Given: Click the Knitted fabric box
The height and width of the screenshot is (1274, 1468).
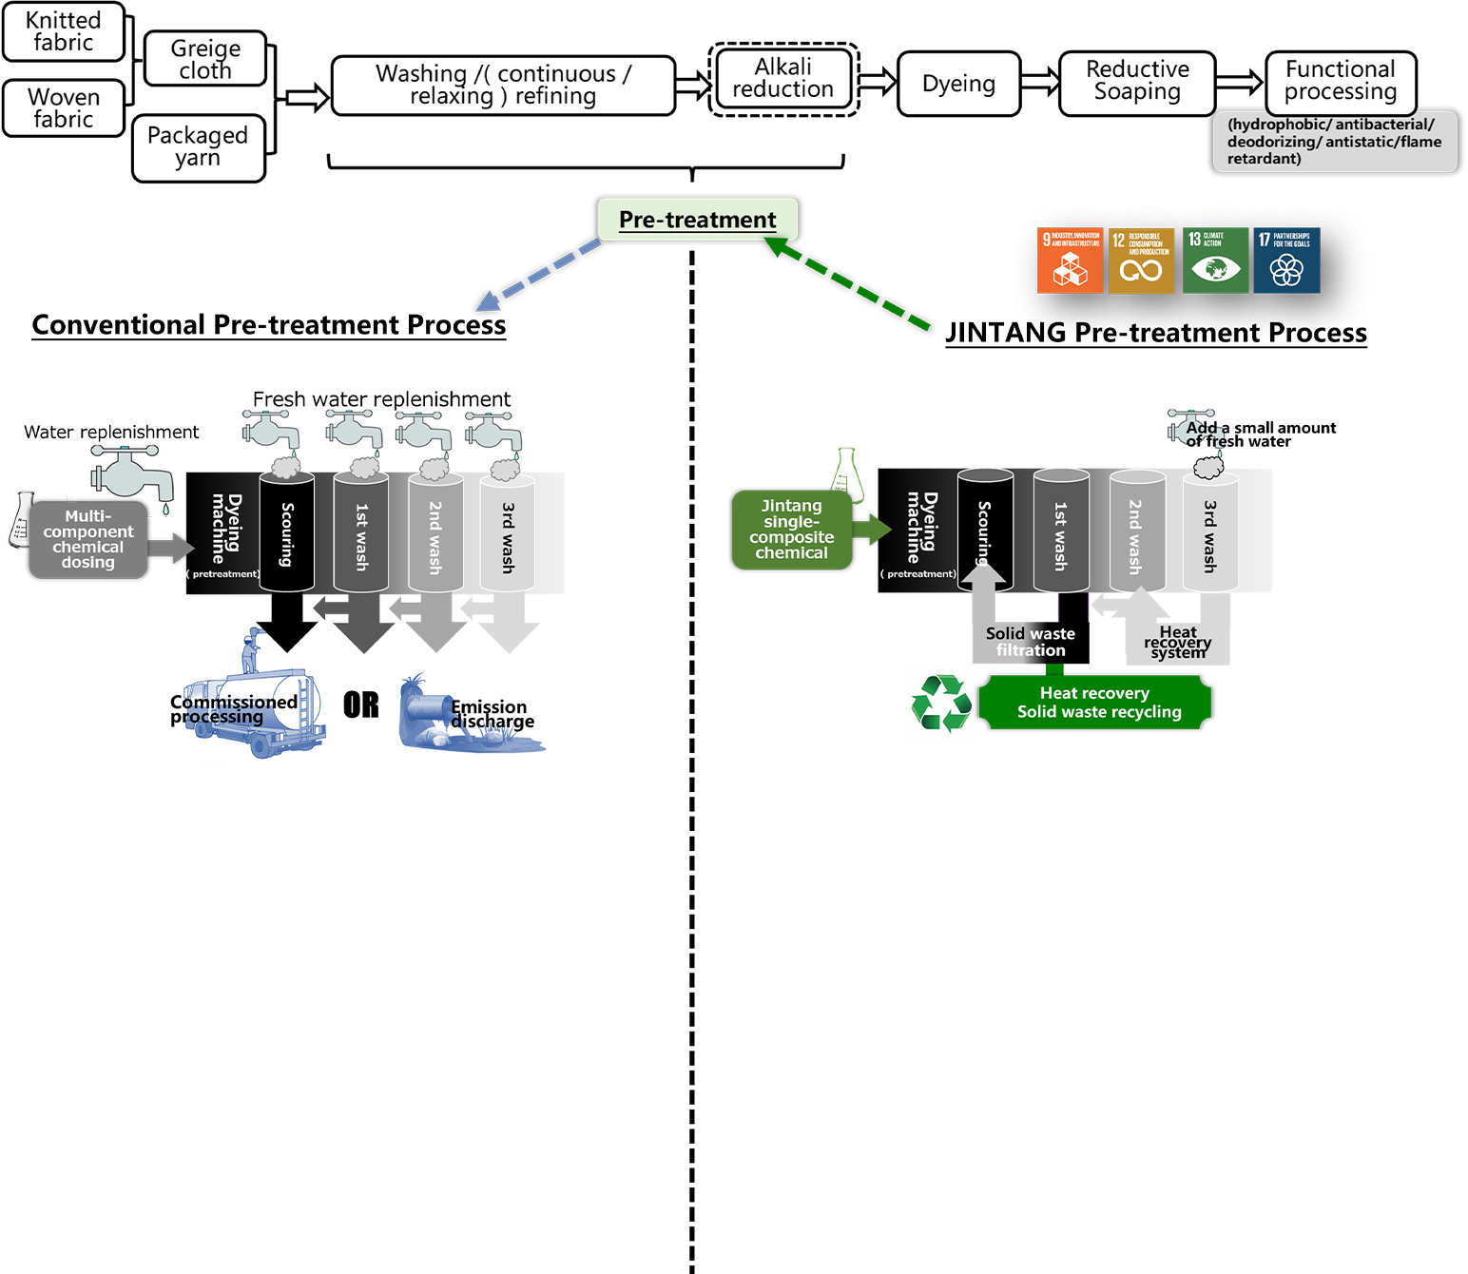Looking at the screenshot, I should click(x=63, y=31).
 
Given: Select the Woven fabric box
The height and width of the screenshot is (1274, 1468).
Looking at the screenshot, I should click(x=63, y=107).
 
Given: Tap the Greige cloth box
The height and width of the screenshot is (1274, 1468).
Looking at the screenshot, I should click(x=204, y=59).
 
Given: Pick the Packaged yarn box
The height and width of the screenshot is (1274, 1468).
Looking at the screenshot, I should click(x=198, y=147).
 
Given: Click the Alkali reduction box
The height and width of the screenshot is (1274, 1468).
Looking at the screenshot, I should click(x=783, y=78).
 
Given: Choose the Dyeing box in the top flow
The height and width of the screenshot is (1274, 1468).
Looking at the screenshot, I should click(x=958, y=84).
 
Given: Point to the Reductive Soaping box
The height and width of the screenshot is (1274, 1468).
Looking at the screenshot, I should click(x=1137, y=82).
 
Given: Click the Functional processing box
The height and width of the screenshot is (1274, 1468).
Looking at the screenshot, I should click(x=1341, y=82).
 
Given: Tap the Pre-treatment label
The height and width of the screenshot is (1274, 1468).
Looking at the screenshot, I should click(x=697, y=220).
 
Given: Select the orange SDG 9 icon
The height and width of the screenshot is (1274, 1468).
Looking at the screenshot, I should click(x=1070, y=261).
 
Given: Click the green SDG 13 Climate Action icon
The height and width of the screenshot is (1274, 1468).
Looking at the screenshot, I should click(x=1214, y=261).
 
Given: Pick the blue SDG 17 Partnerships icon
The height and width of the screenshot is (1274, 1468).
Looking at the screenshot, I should click(x=1285, y=261).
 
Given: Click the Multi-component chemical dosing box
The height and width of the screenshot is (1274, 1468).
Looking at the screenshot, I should click(x=88, y=539).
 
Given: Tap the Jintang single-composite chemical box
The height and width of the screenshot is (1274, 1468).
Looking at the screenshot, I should click(x=791, y=530).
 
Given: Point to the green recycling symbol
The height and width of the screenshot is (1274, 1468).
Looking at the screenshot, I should click(x=941, y=704).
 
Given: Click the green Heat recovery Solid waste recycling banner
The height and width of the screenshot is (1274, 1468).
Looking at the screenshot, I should click(x=1095, y=702).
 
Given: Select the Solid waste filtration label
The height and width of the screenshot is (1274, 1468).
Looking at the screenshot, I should click(x=1031, y=642).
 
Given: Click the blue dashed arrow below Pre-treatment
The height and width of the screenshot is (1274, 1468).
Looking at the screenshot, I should click(x=539, y=275).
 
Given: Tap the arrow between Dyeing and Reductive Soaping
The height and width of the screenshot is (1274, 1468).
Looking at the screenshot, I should click(x=1039, y=83).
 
